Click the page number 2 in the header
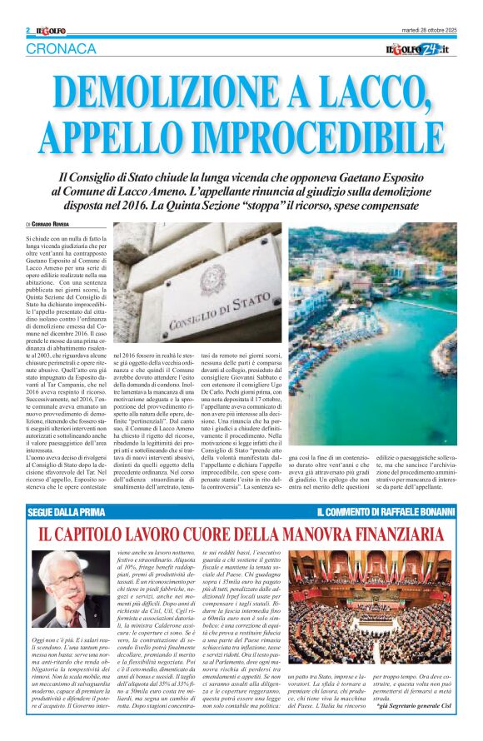tap(28, 31)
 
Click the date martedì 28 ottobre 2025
tap(426, 31)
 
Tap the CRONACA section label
tap(61, 48)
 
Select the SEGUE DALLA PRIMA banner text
tap(65, 510)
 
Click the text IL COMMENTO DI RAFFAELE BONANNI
tap(386, 510)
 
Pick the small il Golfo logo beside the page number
tap(49, 31)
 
